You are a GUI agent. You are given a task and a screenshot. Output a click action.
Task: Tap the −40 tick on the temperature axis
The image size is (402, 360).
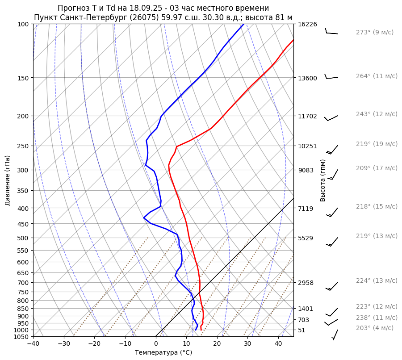(33, 344)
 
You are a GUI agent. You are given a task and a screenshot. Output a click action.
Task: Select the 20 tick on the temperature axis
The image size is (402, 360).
(217, 344)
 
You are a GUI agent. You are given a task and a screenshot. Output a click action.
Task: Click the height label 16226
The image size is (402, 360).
(307, 24)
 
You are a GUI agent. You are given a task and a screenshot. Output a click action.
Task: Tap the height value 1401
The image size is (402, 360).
(306, 309)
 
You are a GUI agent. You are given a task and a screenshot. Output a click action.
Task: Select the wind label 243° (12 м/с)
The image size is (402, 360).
(377, 114)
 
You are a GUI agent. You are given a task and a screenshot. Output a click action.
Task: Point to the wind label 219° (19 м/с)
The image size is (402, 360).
(377, 144)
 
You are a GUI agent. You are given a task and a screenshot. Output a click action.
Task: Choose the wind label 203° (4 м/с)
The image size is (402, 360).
(375, 328)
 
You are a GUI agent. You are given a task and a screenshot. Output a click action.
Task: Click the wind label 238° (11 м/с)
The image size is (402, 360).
(377, 318)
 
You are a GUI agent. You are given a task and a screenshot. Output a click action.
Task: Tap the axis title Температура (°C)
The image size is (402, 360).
(163, 352)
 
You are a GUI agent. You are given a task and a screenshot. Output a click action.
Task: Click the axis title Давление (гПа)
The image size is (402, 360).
(8, 180)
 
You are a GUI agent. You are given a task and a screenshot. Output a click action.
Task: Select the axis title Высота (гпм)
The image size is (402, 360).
(323, 180)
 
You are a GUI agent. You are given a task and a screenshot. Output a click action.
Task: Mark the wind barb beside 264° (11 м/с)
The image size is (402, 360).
(331, 77)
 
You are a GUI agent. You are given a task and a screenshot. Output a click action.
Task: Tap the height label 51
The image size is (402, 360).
(301, 330)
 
